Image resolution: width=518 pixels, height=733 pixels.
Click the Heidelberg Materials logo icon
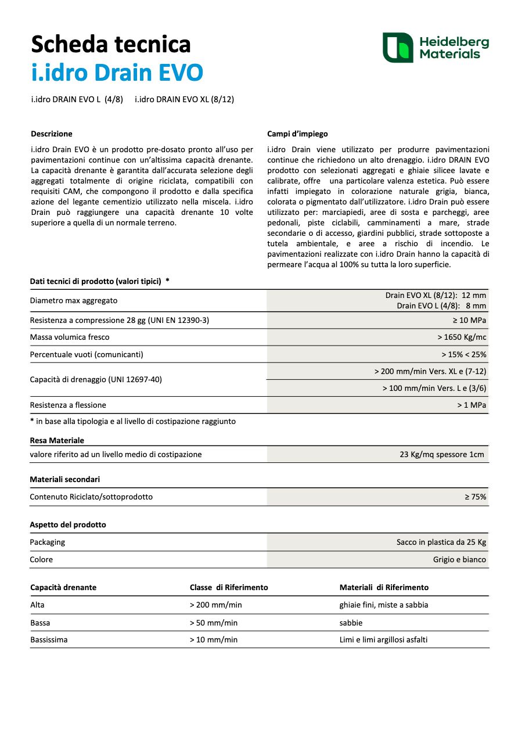[x=398, y=48]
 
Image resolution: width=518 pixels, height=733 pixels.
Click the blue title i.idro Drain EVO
[x=117, y=73]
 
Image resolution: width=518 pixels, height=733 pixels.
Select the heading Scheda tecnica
[x=110, y=44]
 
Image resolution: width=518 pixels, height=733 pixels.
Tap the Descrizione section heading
[x=52, y=134]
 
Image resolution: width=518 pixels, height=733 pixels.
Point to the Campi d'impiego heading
[x=297, y=134]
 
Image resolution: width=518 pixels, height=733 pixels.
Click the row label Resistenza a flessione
[x=68, y=405]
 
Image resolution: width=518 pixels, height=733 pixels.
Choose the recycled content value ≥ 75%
[x=475, y=497]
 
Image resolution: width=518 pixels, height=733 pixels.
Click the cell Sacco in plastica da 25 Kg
[x=441, y=542]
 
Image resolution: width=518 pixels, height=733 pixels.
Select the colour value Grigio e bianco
[x=459, y=559]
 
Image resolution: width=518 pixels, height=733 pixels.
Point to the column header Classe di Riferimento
[x=229, y=587]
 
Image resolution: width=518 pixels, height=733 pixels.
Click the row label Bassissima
[x=49, y=639]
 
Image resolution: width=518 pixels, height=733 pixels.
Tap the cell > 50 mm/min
[x=214, y=623]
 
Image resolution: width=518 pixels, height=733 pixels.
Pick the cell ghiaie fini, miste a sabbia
[x=384, y=605]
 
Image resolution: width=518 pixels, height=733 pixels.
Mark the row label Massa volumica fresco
[x=70, y=337]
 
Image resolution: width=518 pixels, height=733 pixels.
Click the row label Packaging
[x=48, y=542]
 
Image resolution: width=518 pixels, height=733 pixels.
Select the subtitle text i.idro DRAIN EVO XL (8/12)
[x=184, y=99]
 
